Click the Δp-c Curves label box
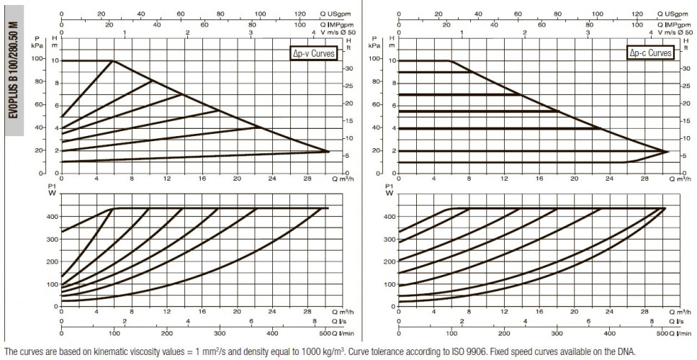point(650,53)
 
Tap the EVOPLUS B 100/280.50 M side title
point(14,71)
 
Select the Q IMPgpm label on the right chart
point(673,24)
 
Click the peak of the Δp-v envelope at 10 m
point(114,60)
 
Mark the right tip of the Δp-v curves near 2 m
point(329,151)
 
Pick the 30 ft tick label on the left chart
point(349,68)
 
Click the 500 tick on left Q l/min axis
point(325,333)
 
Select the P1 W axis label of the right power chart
point(390,190)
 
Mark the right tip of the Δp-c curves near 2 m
point(667,151)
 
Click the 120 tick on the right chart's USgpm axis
point(637,14)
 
